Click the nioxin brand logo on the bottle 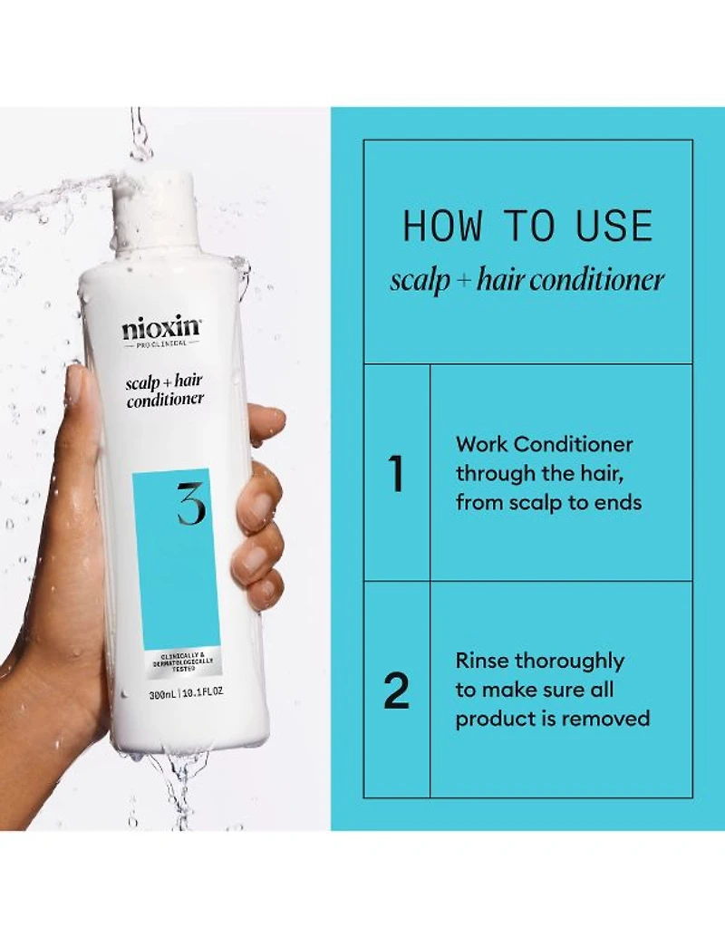[x=161, y=329]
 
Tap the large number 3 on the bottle [x=190, y=505]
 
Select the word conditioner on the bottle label [x=165, y=399]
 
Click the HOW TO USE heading [x=527, y=227]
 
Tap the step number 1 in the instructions [x=396, y=473]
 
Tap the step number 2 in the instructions [x=396, y=691]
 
